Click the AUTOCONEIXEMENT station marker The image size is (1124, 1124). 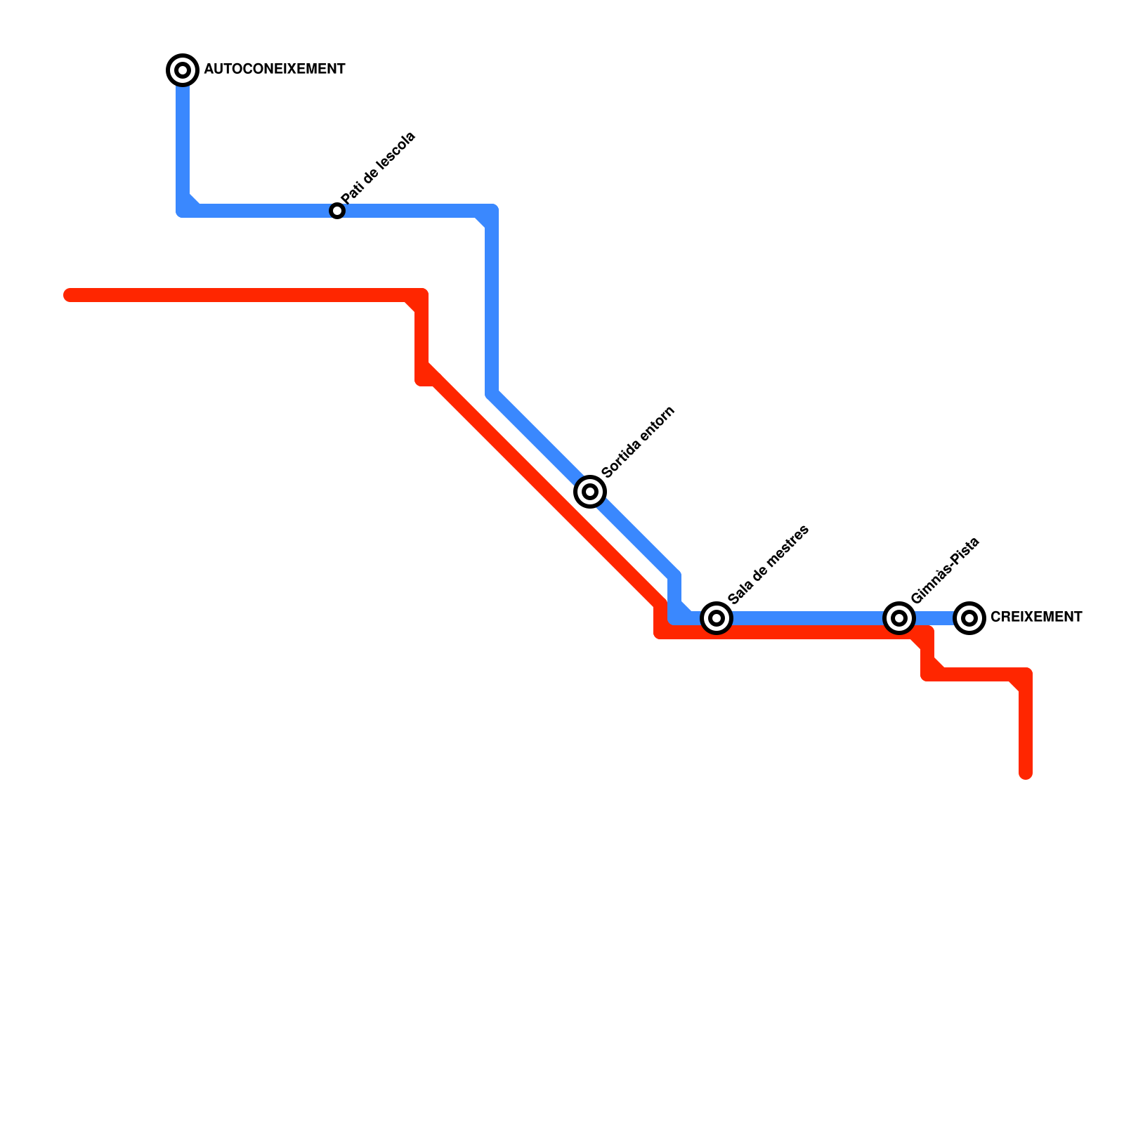[183, 70]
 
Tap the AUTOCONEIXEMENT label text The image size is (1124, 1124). [274, 70]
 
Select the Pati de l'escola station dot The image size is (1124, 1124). [337, 211]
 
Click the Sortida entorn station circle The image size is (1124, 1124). [590, 491]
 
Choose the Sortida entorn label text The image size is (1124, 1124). [639, 442]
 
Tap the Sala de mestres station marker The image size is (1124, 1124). [717, 617]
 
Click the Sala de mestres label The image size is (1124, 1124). [769, 564]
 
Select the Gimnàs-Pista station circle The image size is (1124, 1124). [899, 617]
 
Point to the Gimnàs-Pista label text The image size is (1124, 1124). [945, 570]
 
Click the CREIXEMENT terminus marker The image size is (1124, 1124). [969, 617]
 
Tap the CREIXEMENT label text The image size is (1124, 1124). [1035, 617]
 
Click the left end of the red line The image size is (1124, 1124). [69, 295]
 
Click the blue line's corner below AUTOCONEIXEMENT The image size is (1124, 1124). [183, 211]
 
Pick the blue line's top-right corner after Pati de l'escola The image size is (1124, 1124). [492, 211]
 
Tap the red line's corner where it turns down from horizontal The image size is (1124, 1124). [421, 295]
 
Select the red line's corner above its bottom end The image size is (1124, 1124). [1026, 674]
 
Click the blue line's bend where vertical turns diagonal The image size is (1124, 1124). [492, 393]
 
